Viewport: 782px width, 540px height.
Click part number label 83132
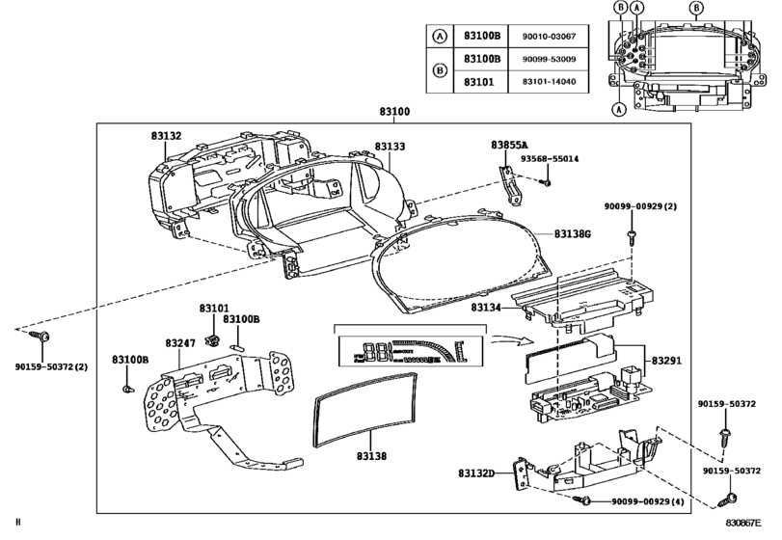coord(165,138)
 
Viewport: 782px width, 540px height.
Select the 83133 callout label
coord(390,147)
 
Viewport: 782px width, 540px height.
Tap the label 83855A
coord(509,145)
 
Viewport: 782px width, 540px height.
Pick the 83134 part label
coord(487,308)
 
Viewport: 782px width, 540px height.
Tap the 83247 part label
coord(179,342)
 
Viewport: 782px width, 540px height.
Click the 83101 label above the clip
coord(214,309)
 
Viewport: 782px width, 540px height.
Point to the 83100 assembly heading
coord(395,113)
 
